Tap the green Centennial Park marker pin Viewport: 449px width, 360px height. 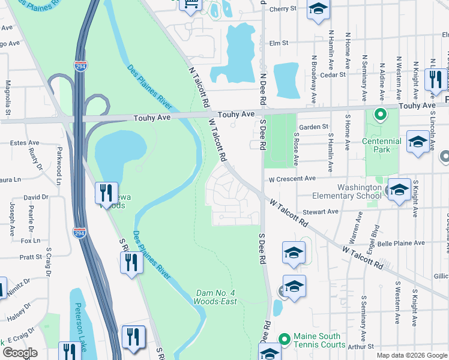[x=379, y=113]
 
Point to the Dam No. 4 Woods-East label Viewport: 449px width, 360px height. [x=216, y=297]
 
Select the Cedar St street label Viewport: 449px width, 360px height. [x=334, y=75]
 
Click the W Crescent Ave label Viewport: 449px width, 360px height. [x=292, y=179]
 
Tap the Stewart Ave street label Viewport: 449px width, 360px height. [x=321, y=212]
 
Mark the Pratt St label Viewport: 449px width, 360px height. [x=30, y=256]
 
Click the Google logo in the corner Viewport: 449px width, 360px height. [x=20, y=353]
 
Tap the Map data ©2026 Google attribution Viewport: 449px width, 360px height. [x=411, y=355]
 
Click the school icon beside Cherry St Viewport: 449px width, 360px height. [x=318, y=10]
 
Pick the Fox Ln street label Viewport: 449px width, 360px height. [x=30, y=241]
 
